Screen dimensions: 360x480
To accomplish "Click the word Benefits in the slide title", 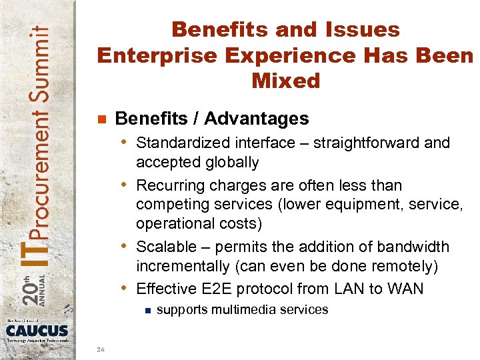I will coord(213,30).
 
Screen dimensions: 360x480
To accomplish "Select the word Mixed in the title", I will coord(286,81).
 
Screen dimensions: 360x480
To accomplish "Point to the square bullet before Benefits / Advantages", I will coord(101,119).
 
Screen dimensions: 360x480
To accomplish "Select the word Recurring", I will coord(169,185).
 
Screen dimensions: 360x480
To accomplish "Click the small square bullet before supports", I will coord(147,310).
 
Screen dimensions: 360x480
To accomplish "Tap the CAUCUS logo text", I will coord(37,330).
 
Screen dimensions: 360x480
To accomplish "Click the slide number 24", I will coord(100,349).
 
